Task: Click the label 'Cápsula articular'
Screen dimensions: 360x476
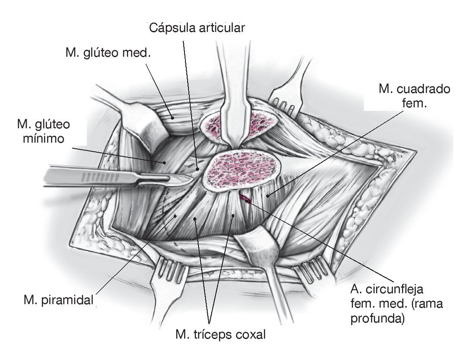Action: (198, 28)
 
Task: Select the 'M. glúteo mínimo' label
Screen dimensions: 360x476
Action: (43, 132)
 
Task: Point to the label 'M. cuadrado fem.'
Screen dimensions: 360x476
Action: (414, 96)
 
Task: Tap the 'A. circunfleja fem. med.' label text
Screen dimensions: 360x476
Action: (387, 295)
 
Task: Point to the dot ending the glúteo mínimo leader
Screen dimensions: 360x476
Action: (164, 163)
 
